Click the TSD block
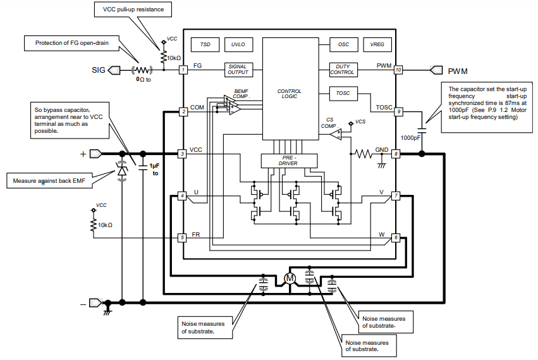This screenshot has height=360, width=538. point(205,45)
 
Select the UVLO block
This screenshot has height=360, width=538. point(238,45)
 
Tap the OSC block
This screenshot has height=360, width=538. point(343,45)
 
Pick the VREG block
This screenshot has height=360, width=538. point(377,45)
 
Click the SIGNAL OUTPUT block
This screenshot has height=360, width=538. point(238,69)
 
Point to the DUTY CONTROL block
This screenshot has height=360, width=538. point(343,69)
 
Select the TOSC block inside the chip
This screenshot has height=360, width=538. point(343,94)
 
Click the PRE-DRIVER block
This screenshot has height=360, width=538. point(289,161)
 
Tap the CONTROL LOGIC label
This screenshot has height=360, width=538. point(289,94)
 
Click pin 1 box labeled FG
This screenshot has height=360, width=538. point(182,69)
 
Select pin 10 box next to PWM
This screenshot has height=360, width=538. point(398,70)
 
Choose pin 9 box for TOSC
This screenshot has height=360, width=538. point(398,111)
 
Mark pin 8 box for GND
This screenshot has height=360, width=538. point(396,154)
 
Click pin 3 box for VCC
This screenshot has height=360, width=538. point(182,154)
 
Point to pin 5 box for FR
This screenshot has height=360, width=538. point(182,238)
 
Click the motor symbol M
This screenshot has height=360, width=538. point(290,278)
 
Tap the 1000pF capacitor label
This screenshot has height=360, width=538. point(410,137)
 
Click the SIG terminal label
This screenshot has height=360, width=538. point(98,70)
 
